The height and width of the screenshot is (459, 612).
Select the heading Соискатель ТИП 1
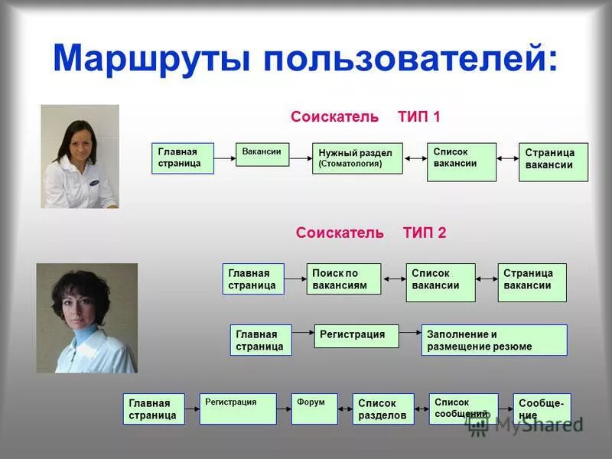coord(365,117)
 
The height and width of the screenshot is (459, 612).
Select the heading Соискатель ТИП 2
coord(370,233)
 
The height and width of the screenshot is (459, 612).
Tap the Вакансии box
coord(262,154)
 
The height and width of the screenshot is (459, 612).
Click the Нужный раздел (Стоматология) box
coord(357,158)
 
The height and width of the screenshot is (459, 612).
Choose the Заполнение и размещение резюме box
coord(494,340)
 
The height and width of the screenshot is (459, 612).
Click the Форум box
coord(314,409)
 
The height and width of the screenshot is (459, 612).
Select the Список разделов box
coord(383,409)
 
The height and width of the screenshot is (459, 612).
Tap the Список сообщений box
coord(463,409)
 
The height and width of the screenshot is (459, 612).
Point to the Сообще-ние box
coord(542,409)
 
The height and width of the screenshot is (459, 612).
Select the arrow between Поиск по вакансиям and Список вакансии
coord(394,279)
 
